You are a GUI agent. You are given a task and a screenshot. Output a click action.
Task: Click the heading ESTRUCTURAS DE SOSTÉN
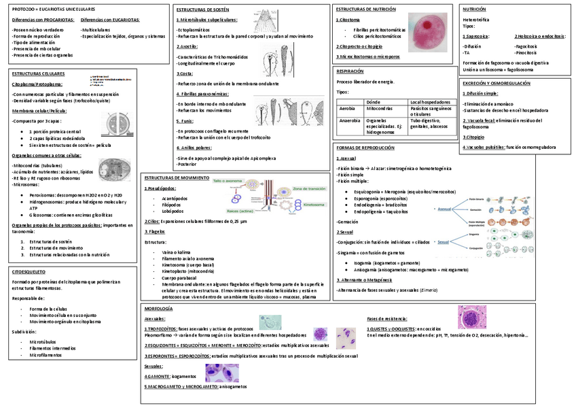202,11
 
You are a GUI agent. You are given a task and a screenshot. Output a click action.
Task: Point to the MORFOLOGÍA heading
158,309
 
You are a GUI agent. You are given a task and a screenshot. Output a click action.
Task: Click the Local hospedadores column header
430,101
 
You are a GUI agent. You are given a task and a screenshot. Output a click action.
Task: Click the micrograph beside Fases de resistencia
471,317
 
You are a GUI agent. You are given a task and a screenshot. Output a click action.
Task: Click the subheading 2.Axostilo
187,46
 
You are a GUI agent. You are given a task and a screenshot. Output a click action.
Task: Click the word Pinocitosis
526,52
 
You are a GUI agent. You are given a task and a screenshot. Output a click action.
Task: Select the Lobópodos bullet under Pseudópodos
175,211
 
